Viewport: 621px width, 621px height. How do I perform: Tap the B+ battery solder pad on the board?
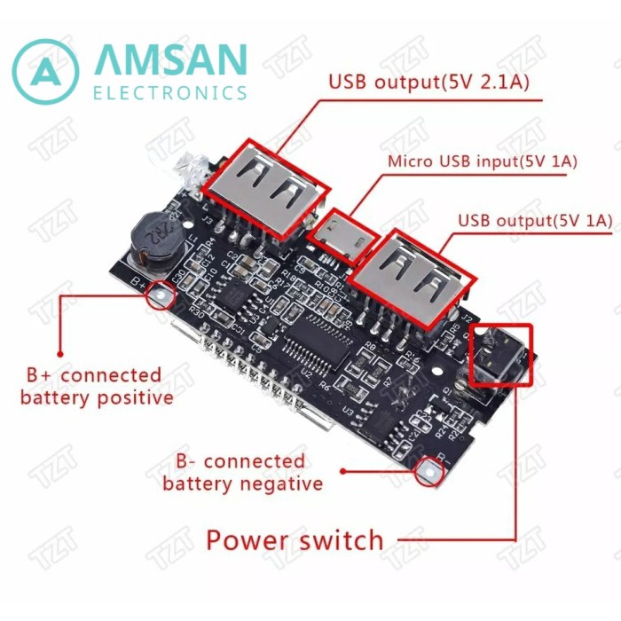tap(159, 292)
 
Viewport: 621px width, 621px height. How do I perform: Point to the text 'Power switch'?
tap(295, 539)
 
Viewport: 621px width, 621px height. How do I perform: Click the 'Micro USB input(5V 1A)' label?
tap(483, 161)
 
